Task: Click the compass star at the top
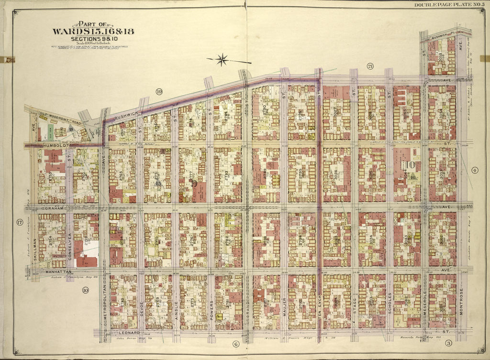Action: [222, 60]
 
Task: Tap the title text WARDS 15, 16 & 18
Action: [93, 32]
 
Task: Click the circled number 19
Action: [159, 91]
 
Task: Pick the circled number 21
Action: [370, 65]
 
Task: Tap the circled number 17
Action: [20, 221]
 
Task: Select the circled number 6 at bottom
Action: [235, 344]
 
